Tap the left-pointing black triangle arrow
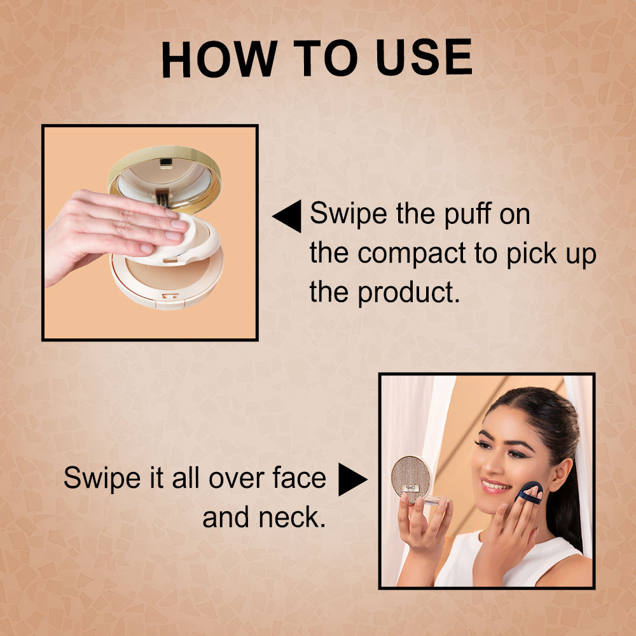point(288,216)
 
